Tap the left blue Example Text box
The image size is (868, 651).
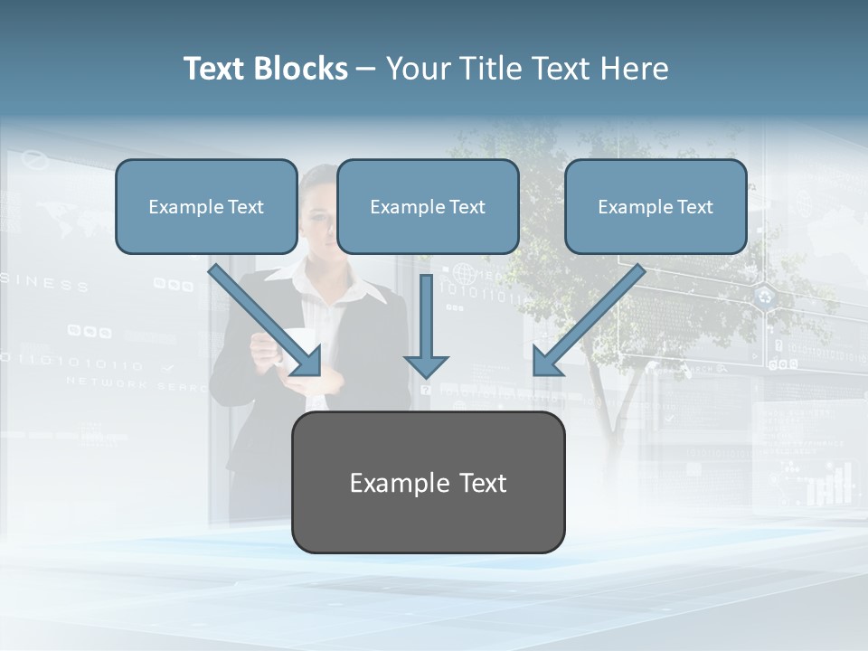[206, 206]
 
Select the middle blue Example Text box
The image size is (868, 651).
[428, 206]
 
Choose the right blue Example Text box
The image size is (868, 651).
[656, 206]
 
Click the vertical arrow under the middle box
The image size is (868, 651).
[426, 316]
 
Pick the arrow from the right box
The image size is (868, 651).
[593, 316]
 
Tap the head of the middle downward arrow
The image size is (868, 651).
[426, 365]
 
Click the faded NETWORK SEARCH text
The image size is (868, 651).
[127, 383]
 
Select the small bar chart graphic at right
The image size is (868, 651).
[829, 484]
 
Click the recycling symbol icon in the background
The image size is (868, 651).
[766, 297]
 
